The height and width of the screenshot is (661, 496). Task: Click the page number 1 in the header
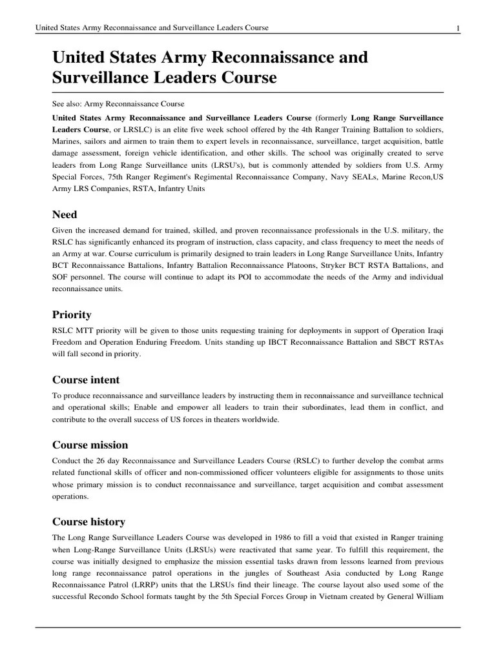point(457,28)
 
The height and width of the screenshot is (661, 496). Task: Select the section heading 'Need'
point(64,214)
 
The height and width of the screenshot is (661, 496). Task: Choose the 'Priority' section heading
point(71,314)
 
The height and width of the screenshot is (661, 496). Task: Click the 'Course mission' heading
point(90,445)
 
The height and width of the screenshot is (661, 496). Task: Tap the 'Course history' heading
point(88,522)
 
